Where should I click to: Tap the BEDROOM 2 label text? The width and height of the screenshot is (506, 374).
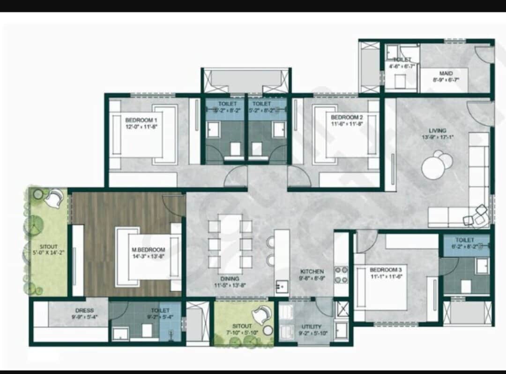[x=347, y=117]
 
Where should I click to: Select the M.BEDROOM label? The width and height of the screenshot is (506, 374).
[x=149, y=249]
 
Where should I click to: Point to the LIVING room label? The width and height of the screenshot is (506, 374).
[x=437, y=130]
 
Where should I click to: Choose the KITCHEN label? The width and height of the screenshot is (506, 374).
[x=312, y=271]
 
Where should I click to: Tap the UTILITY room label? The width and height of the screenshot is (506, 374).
[x=312, y=327]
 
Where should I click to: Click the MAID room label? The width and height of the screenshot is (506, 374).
[x=446, y=73]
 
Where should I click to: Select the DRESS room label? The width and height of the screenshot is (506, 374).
[x=84, y=310]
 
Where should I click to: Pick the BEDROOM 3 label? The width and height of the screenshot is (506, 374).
[x=386, y=270]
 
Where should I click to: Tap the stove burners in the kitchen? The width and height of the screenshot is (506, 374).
[x=341, y=275]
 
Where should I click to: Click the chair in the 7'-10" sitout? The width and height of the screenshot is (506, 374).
[x=264, y=312]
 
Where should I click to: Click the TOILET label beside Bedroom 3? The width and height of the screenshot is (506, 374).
[x=464, y=240]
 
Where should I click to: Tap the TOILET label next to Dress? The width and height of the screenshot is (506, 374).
[x=160, y=310]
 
